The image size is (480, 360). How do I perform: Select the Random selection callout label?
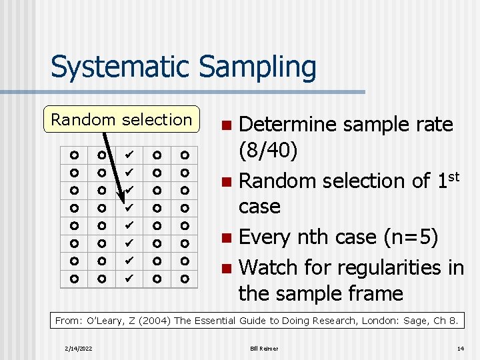click(x=121, y=120)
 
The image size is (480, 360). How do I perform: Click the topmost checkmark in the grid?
click(x=129, y=155)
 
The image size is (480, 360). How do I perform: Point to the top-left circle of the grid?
click(x=74, y=155)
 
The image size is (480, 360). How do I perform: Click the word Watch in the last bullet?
click(x=269, y=267)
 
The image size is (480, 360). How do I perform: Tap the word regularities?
click(x=387, y=267)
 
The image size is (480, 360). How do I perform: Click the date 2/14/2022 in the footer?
click(x=79, y=349)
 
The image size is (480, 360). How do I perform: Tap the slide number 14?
click(x=460, y=349)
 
